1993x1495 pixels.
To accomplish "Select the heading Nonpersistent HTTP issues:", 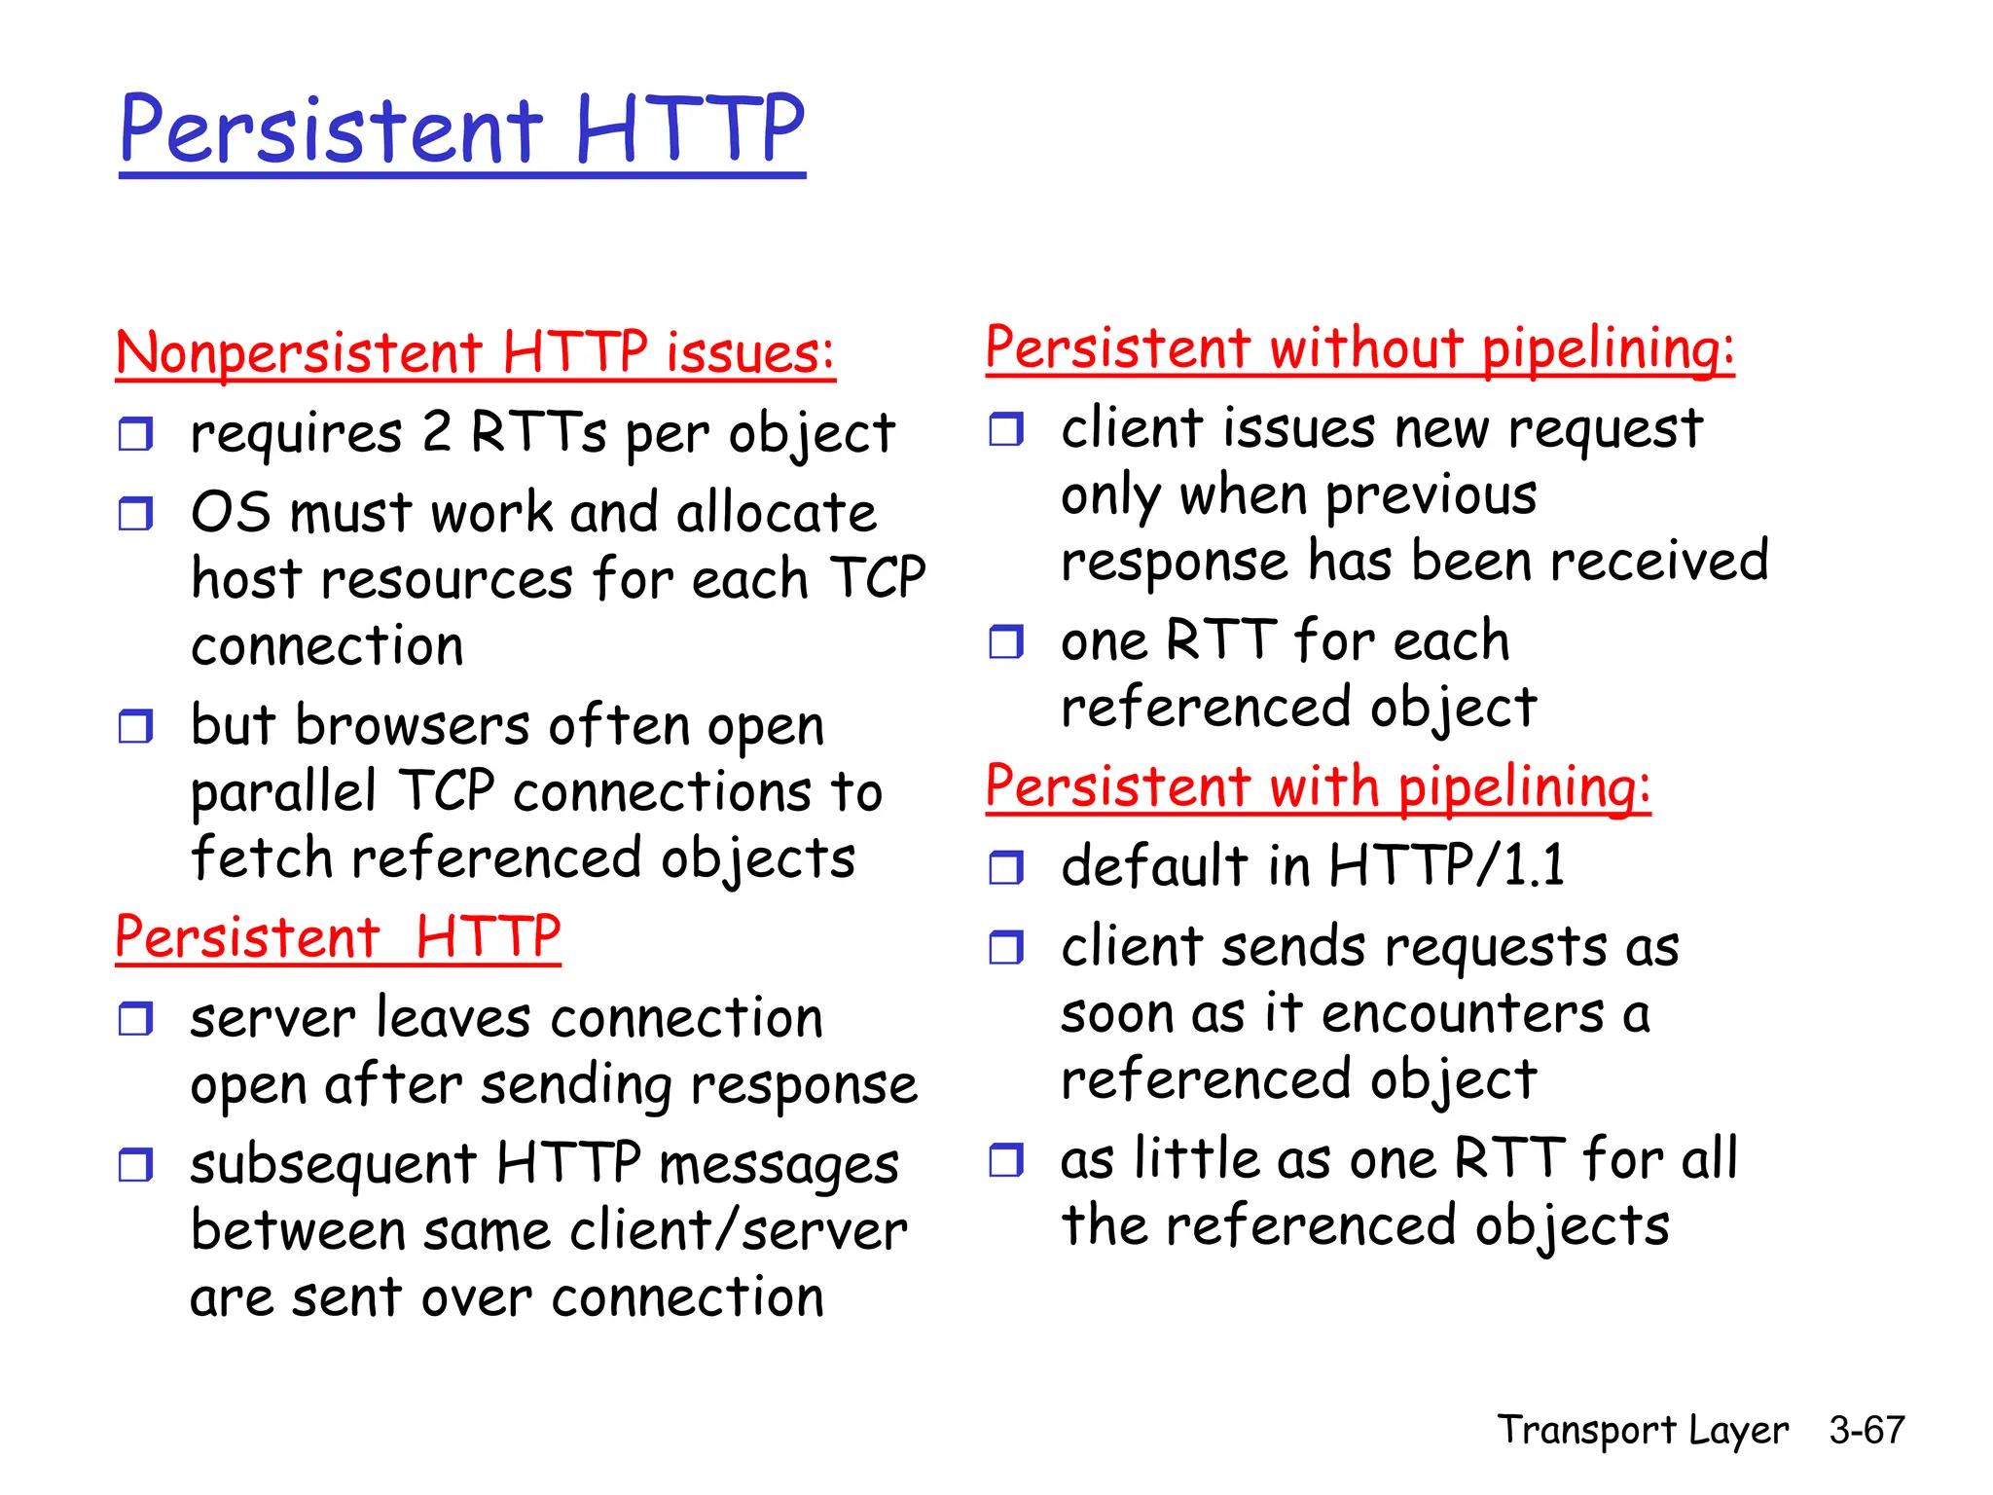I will (x=475, y=352).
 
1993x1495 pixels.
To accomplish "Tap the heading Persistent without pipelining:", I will (x=1359, y=348).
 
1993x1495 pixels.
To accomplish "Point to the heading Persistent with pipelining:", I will (x=1318, y=786).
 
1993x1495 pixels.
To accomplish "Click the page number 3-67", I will (x=1866, y=1430).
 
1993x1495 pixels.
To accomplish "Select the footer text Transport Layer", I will (x=1642, y=1430).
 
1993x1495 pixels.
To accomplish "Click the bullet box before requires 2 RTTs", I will (x=135, y=433).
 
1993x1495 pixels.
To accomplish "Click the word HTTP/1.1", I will (x=1446, y=864).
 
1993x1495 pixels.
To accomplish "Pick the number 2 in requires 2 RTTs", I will (x=437, y=432).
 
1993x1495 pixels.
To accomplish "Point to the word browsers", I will (x=413, y=726).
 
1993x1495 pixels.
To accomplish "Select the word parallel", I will (x=283, y=791).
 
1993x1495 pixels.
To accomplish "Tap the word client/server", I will (x=738, y=1230).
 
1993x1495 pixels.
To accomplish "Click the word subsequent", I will (x=333, y=1165).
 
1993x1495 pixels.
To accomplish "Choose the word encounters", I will (x=1463, y=1013).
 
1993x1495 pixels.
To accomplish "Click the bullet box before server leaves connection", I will (x=135, y=1019).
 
